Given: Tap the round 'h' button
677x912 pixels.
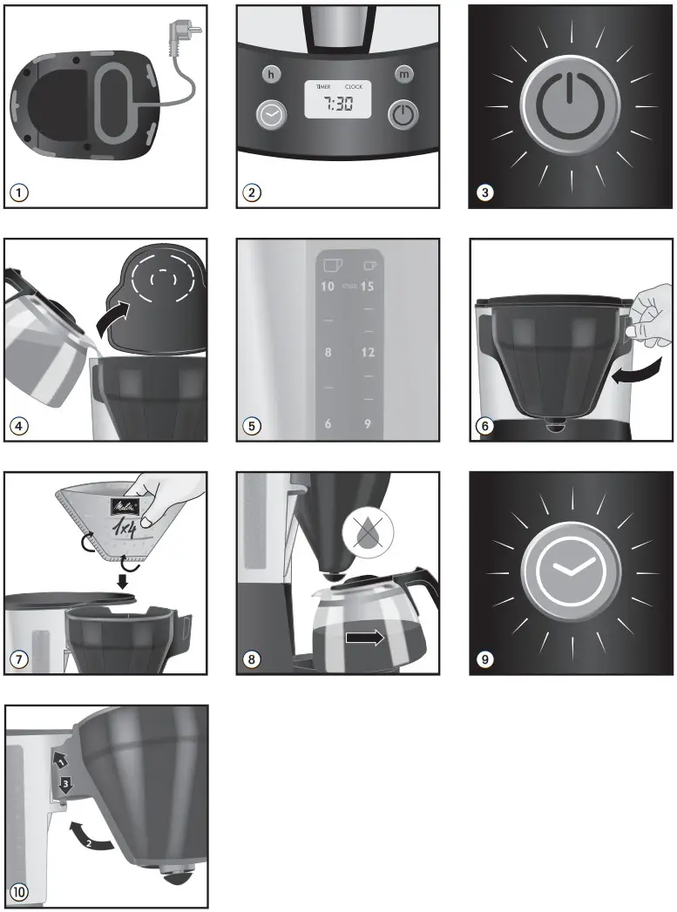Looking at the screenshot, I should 272,75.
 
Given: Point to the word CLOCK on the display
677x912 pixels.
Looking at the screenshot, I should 354,87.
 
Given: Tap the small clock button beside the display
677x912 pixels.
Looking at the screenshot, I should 270,114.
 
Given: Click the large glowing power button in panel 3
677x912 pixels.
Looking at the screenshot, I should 571,107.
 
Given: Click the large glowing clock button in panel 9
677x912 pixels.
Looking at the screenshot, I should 571,572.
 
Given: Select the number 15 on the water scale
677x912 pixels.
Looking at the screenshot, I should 369,286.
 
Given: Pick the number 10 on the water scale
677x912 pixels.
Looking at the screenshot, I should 328,286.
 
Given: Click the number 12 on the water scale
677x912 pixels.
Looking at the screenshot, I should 369,353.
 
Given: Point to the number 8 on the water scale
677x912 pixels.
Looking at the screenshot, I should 328,353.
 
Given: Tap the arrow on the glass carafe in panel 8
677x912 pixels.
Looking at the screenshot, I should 364,638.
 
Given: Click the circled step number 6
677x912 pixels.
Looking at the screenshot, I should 484,426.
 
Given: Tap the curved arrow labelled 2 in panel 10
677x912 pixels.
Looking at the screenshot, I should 91,835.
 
